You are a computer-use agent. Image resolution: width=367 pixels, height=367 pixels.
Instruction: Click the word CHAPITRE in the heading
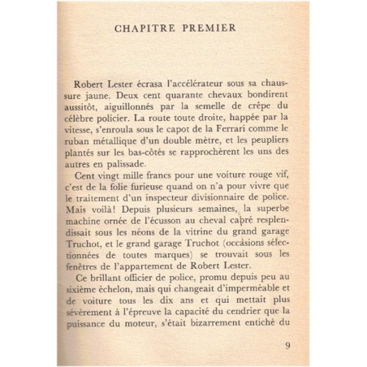(x=144, y=29)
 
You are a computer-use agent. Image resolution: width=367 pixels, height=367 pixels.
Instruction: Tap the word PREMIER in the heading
(x=208, y=29)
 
